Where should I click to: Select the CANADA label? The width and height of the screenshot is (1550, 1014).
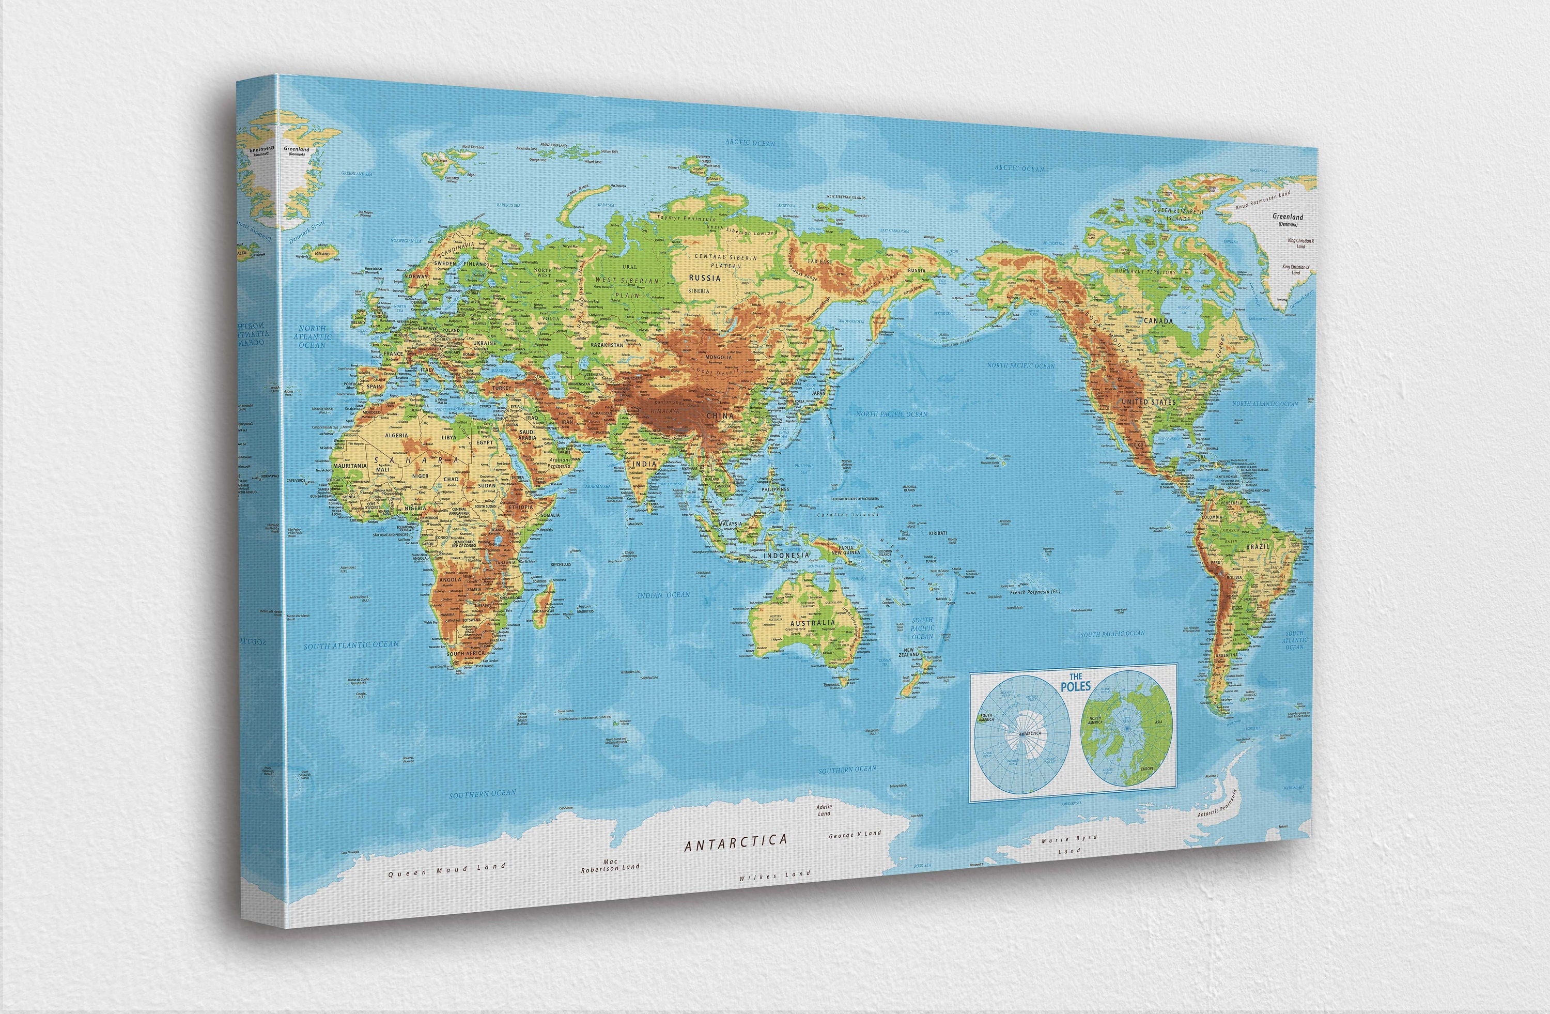tap(1158, 321)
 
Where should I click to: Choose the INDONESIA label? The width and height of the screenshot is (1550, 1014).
tap(786, 555)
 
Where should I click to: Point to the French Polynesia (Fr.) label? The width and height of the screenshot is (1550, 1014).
tap(1035, 592)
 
